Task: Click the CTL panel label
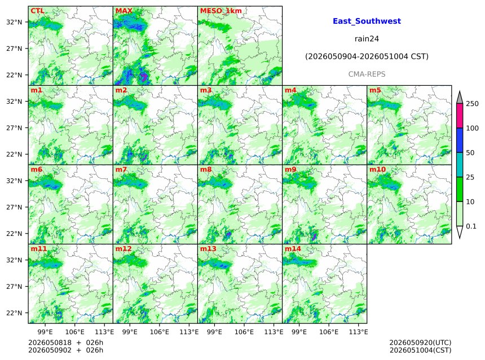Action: (37, 11)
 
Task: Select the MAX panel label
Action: (124, 11)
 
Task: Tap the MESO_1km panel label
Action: (221, 11)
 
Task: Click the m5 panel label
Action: (375, 90)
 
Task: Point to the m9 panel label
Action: (290, 169)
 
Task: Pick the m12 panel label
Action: (124, 249)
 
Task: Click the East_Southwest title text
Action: (367, 21)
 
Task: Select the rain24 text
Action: (367, 39)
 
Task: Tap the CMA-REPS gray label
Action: (367, 74)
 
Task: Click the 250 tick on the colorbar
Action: (473, 104)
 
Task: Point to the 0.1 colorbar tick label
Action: (471, 226)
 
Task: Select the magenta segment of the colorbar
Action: (460, 116)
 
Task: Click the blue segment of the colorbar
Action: (460, 141)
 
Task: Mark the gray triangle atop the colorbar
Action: (460, 98)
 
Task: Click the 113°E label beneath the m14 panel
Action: (358, 332)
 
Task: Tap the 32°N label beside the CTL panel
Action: (14, 22)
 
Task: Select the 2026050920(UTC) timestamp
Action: (420, 343)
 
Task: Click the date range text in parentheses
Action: (367, 56)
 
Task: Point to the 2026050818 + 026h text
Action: (65, 343)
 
